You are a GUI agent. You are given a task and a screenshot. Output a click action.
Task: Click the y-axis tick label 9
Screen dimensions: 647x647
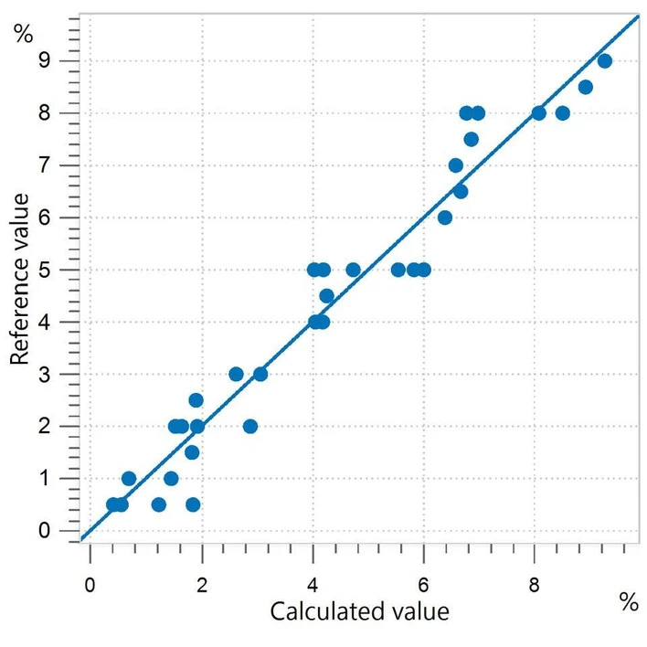pos(44,61)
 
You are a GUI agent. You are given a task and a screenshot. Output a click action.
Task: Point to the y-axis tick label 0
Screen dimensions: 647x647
pos(44,531)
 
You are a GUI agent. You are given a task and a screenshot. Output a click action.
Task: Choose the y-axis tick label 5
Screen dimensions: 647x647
pos(44,270)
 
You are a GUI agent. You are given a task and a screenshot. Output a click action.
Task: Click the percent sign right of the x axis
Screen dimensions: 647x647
pos(628,602)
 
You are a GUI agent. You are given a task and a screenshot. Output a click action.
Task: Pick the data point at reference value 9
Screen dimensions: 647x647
pos(604,61)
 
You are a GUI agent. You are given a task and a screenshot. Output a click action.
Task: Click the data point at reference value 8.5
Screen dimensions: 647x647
pos(586,88)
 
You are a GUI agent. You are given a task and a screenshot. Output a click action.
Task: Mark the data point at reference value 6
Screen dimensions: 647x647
pos(445,217)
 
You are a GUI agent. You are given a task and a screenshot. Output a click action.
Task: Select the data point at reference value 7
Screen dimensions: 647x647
pos(456,165)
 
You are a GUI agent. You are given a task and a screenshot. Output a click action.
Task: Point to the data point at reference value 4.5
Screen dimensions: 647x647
pos(327,296)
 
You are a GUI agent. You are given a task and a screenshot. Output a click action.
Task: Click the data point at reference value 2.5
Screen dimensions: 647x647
pos(196,400)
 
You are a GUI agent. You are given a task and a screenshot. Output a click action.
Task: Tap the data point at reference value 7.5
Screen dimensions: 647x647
pos(472,140)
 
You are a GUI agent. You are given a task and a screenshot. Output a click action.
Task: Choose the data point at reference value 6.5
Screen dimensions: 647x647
pos(461,192)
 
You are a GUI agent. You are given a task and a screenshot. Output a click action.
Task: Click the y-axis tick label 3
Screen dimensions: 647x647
pos(44,375)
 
